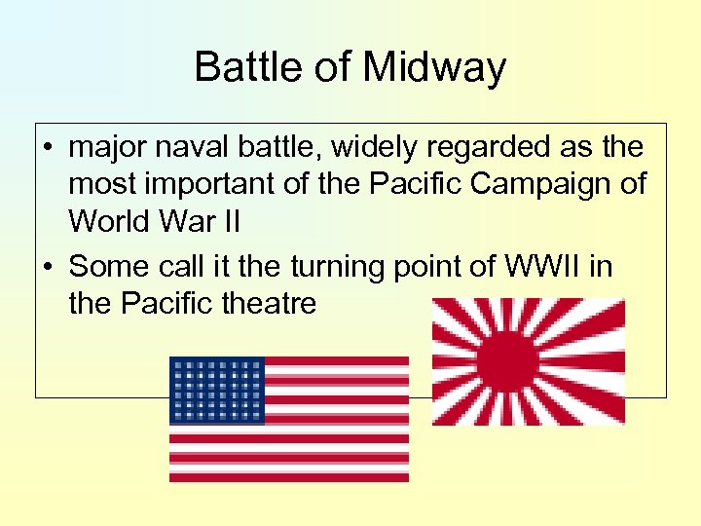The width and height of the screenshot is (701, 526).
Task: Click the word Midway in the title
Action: pyautogui.click(x=436, y=67)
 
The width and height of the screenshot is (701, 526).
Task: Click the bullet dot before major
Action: pyautogui.click(x=48, y=149)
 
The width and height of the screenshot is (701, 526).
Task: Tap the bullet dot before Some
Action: pyautogui.click(x=48, y=267)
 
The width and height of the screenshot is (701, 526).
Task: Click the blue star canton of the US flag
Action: pyautogui.click(x=216, y=390)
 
